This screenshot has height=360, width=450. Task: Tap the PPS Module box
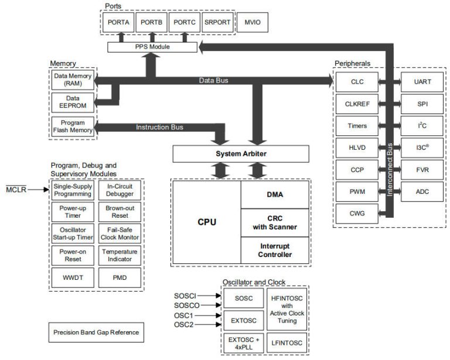point(152,46)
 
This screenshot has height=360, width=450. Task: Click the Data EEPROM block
point(69,102)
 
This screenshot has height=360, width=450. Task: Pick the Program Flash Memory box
point(69,126)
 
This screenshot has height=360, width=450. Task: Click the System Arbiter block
point(240,154)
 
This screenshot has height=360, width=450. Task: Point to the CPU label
point(207,222)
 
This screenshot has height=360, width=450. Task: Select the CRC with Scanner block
point(275,222)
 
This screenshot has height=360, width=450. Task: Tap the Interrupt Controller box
point(275,250)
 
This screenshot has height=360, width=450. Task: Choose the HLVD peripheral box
point(357,148)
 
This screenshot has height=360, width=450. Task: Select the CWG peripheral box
point(357,214)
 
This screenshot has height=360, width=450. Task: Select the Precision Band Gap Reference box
point(96,332)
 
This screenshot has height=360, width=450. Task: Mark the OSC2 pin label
point(184,325)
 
